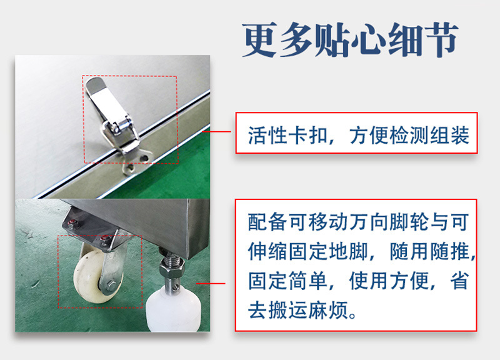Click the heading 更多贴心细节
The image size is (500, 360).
tap(350, 40)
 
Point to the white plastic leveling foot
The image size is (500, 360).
tap(173, 310)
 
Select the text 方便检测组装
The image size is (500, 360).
tap(409, 135)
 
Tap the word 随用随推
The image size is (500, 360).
tap(430, 252)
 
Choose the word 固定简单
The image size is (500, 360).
tap(288, 281)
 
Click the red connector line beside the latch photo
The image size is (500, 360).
tap(217, 131)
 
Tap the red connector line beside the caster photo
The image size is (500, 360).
tap(211, 283)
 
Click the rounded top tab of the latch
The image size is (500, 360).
tap(95, 84)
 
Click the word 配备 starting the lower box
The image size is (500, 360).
tap(268, 222)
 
